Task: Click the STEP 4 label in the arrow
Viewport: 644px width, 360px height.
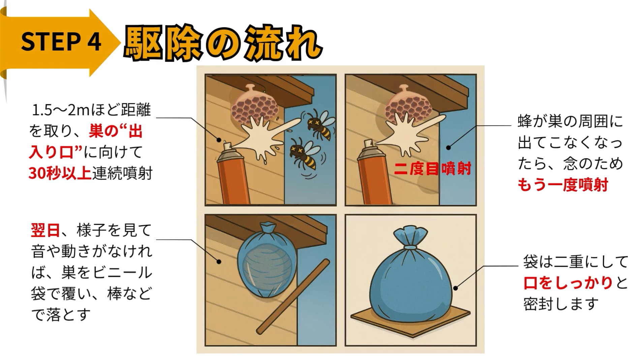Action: click(x=61, y=42)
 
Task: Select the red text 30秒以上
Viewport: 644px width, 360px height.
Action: click(x=60, y=173)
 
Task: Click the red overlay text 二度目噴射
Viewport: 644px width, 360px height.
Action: click(x=432, y=168)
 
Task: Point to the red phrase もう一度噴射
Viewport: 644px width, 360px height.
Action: click(x=562, y=185)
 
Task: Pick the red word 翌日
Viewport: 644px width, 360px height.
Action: click(x=45, y=231)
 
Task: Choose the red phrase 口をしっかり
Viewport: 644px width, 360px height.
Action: click(x=568, y=283)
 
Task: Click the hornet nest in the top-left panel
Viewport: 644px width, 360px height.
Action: click(x=255, y=104)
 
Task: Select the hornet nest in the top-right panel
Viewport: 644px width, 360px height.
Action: click(x=408, y=104)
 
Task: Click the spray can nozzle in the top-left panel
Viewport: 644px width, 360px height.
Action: click(x=227, y=146)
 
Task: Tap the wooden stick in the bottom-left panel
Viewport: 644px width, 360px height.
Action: click(x=293, y=296)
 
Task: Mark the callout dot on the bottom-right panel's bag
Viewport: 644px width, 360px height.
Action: click(x=455, y=288)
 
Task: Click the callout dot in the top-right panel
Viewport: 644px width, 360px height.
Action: click(x=448, y=147)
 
